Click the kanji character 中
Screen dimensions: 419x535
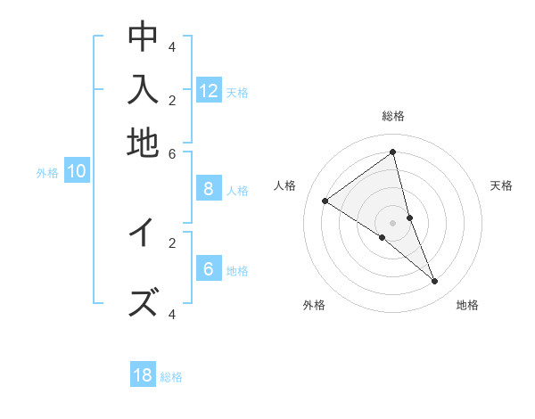[x=143, y=37]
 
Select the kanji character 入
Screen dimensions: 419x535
[x=143, y=91]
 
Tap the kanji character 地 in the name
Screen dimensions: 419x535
[x=143, y=143]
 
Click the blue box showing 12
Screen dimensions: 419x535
[x=209, y=90]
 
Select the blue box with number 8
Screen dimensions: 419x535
[x=209, y=189]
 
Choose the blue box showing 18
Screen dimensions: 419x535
[x=143, y=375]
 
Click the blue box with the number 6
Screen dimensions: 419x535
[x=209, y=269]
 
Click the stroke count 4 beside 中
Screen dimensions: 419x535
[x=172, y=45]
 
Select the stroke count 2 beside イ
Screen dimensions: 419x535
[x=172, y=242]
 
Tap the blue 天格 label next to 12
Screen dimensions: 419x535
[x=237, y=92]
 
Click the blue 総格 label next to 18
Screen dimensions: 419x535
[x=171, y=377]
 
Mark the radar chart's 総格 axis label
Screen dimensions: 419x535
[x=393, y=116]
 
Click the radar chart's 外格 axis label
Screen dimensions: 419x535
[x=314, y=305]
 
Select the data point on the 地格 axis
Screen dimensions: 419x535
[x=435, y=282]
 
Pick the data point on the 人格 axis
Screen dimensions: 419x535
[x=325, y=201]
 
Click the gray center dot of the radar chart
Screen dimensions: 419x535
[x=393, y=221]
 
